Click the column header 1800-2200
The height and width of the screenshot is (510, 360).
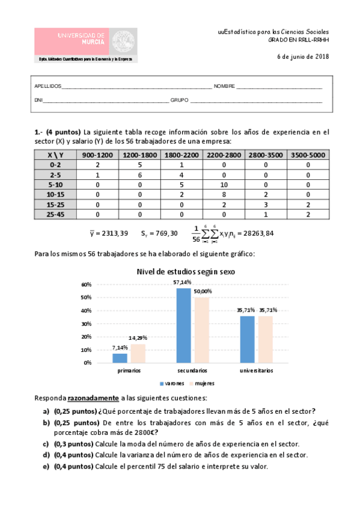(x=182, y=155)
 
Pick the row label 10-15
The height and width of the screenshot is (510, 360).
(x=55, y=195)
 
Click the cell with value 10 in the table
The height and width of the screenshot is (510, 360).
(x=224, y=185)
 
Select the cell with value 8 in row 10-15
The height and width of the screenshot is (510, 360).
(x=224, y=195)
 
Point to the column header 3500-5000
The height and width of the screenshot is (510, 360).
(x=308, y=155)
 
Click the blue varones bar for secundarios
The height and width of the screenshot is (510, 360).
(x=183, y=325)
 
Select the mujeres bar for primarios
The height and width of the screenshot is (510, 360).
(x=138, y=353)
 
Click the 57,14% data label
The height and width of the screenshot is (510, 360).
(x=183, y=282)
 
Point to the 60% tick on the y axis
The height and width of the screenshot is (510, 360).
(x=86, y=284)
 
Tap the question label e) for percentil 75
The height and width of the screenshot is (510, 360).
(x=46, y=467)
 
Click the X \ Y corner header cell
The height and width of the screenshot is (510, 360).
(x=55, y=155)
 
